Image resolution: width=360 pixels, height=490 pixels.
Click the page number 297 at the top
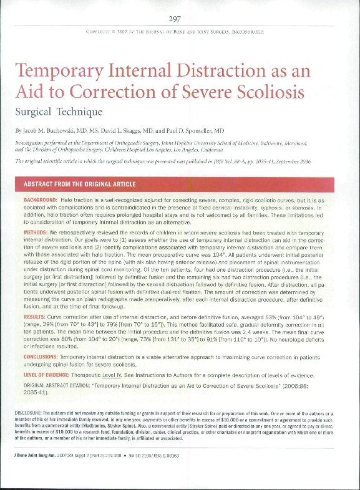point(180,17)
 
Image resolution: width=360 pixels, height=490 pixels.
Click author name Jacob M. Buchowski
point(60,132)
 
